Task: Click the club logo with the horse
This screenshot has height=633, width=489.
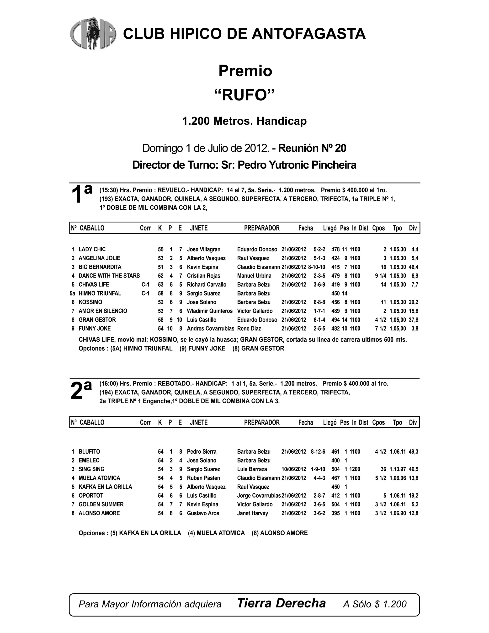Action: pyautogui.click(x=93, y=33)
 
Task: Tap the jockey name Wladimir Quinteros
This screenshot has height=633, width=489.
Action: pyautogui.click(x=209, y=311)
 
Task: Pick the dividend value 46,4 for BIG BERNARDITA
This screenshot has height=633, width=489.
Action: pyautogui.click(x=413, y=267)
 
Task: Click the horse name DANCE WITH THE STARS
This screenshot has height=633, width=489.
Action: pyautogui.click(x=109, y=276)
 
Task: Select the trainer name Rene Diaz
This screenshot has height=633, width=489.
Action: pyautogui.click(x=249, y=328)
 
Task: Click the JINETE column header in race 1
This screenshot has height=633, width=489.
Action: pyautogui.click(x=199, y=228)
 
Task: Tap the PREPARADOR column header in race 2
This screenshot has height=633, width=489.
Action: pyautogui.click(x=262, y=422)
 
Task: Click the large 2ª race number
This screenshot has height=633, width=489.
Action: pyautogui.click(x=81, y=391)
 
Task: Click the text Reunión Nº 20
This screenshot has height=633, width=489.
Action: pyautogui.click(x=312, y=148)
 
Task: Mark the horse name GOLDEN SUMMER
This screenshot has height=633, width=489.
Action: pyautogui.click(x=101, y=504)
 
